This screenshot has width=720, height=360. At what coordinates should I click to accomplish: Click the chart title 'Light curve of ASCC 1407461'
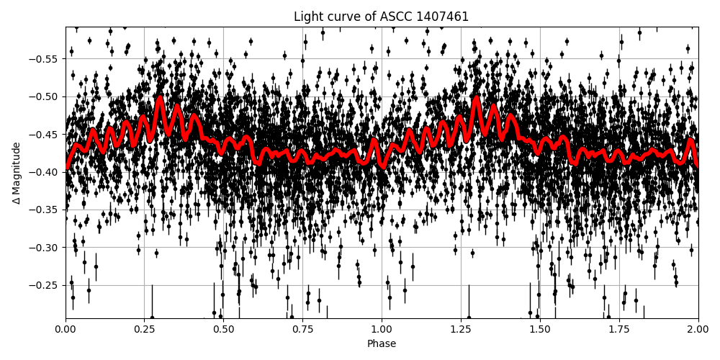point(381,17)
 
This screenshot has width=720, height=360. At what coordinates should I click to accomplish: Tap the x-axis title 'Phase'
point(381,343)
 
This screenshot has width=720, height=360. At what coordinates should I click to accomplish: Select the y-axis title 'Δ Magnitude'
point(16,173)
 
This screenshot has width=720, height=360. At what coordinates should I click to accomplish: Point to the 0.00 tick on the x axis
point(66,329)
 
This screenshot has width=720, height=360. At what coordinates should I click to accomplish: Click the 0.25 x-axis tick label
point(145,329)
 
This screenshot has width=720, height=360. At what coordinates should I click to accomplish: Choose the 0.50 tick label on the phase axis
point(223,329)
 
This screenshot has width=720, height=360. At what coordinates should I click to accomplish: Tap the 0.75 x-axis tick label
point(302,329)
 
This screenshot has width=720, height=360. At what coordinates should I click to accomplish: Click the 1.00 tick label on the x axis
point(382,329)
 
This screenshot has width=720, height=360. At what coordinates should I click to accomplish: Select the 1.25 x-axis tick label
point(461,329)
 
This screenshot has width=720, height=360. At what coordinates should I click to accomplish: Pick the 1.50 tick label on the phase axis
point(540,329)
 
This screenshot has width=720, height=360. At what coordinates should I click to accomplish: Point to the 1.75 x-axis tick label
point(618,329)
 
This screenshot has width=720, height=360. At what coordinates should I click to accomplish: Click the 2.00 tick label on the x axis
point(698,329)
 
